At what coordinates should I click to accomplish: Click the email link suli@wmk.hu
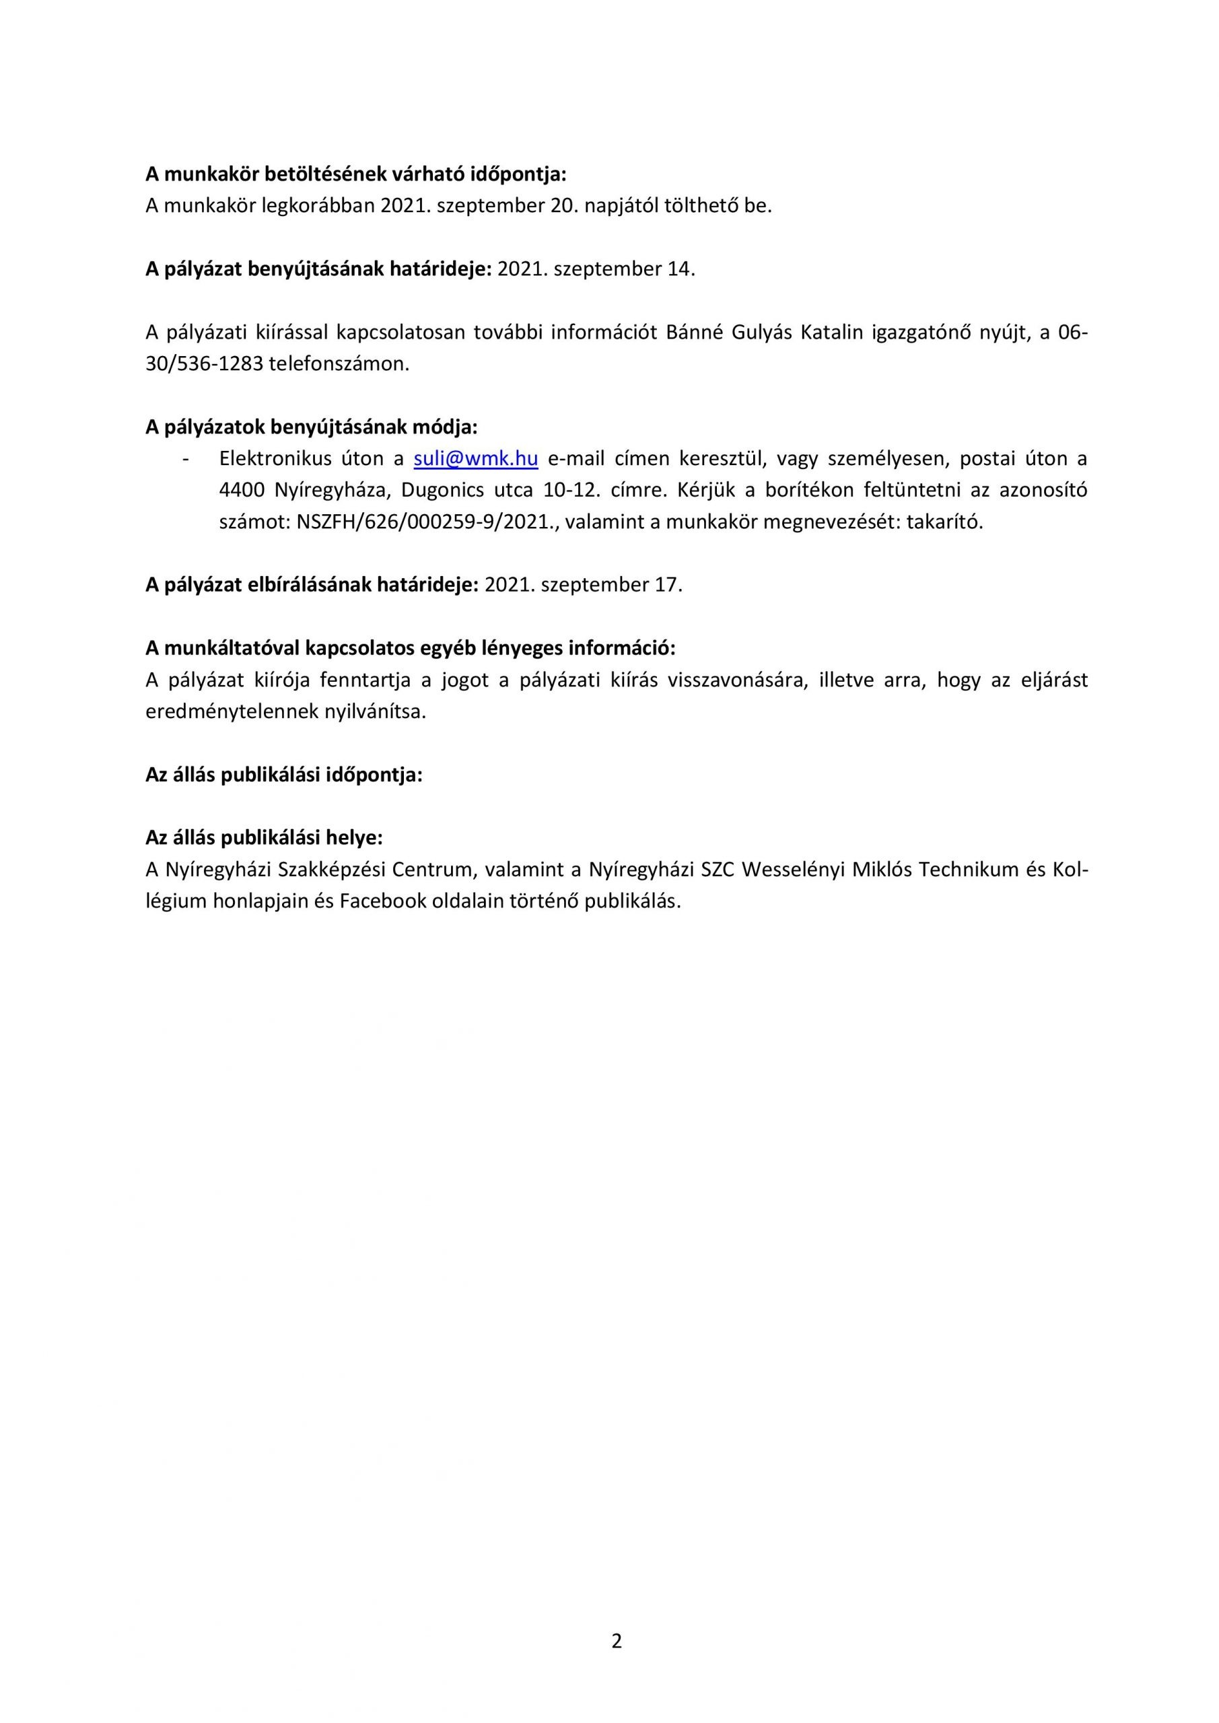pos(475,458)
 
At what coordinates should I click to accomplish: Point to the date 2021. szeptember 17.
pos(583,585)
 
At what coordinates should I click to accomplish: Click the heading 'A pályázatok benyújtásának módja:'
pos(311,427)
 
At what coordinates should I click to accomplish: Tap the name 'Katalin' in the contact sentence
pos(833,332)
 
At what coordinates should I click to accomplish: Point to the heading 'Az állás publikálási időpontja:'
pos(284,775)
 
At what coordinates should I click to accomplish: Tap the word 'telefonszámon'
pos(338,365)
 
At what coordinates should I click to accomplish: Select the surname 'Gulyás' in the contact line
pos(757,332)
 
